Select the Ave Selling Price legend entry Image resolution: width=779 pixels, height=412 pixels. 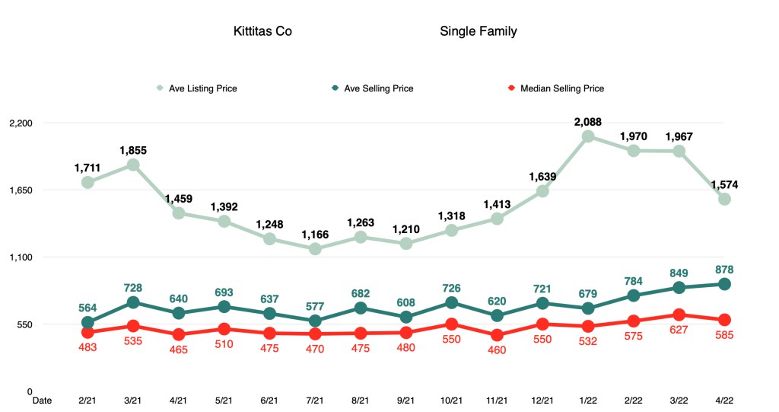[x=378, y=88]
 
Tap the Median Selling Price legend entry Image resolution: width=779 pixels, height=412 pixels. [x=561, y=88]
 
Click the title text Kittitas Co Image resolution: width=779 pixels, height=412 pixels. [x=262, y=32]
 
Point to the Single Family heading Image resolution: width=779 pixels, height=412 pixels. [x=478, y=32]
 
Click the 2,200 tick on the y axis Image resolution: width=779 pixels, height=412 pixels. [x=21, y=123]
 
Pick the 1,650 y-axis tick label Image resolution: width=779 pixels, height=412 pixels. [x=21, y=190]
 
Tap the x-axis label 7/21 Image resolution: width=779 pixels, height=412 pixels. [x=315, y=400]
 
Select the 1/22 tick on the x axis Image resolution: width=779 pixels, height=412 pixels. [x=588, y=400]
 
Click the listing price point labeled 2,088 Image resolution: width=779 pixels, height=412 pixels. [x=588, y=136]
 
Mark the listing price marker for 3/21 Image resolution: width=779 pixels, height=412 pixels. [x=133, y=164]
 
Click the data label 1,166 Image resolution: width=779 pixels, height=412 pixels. [x=315, y=235]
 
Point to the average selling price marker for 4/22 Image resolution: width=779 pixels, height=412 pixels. [x=724, y=284]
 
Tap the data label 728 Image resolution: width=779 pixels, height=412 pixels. [x=133, y=288]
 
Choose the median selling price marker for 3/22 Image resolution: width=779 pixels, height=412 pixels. [x=679, y=315]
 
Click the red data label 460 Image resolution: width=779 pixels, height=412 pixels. [x=497, y=350]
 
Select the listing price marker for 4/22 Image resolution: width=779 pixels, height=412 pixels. [x=724, y=199]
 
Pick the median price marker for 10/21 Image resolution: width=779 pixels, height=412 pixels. [x=451, y=324]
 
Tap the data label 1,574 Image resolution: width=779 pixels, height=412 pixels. [x=724, y=185]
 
